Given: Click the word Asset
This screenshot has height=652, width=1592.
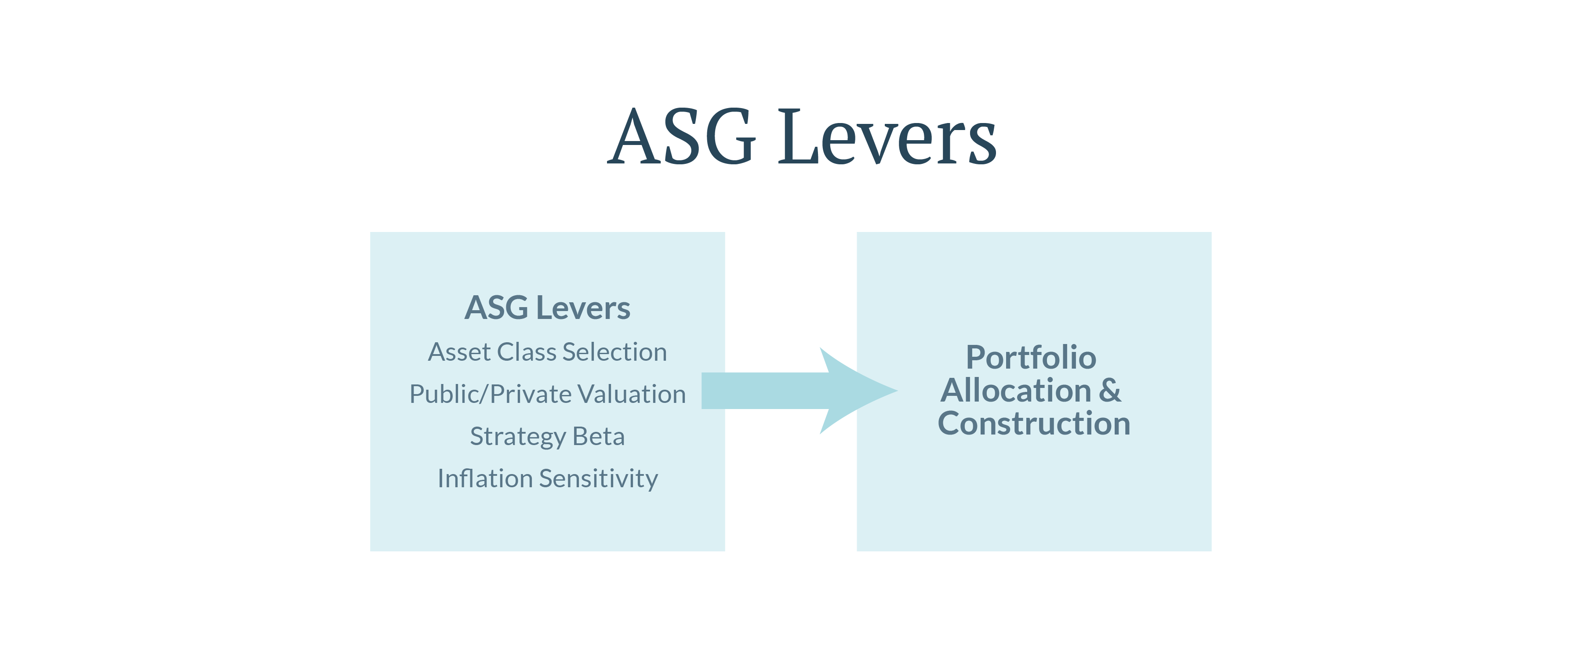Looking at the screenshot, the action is pos(459,352).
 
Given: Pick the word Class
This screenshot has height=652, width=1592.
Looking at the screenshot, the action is pos(527,352).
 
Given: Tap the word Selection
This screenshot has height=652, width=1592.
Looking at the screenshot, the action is pos(615,352).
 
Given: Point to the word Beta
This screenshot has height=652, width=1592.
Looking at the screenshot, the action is pos(599,436).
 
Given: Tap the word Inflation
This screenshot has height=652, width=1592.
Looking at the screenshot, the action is pos(485,478).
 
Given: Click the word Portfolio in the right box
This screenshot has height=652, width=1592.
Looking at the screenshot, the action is pos(1031,357).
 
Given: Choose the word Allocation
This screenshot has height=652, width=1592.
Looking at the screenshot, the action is pos(1016,391).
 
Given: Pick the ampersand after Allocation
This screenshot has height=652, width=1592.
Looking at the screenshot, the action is pos(1110,391).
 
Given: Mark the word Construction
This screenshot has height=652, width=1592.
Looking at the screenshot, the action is pos(1034,424).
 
